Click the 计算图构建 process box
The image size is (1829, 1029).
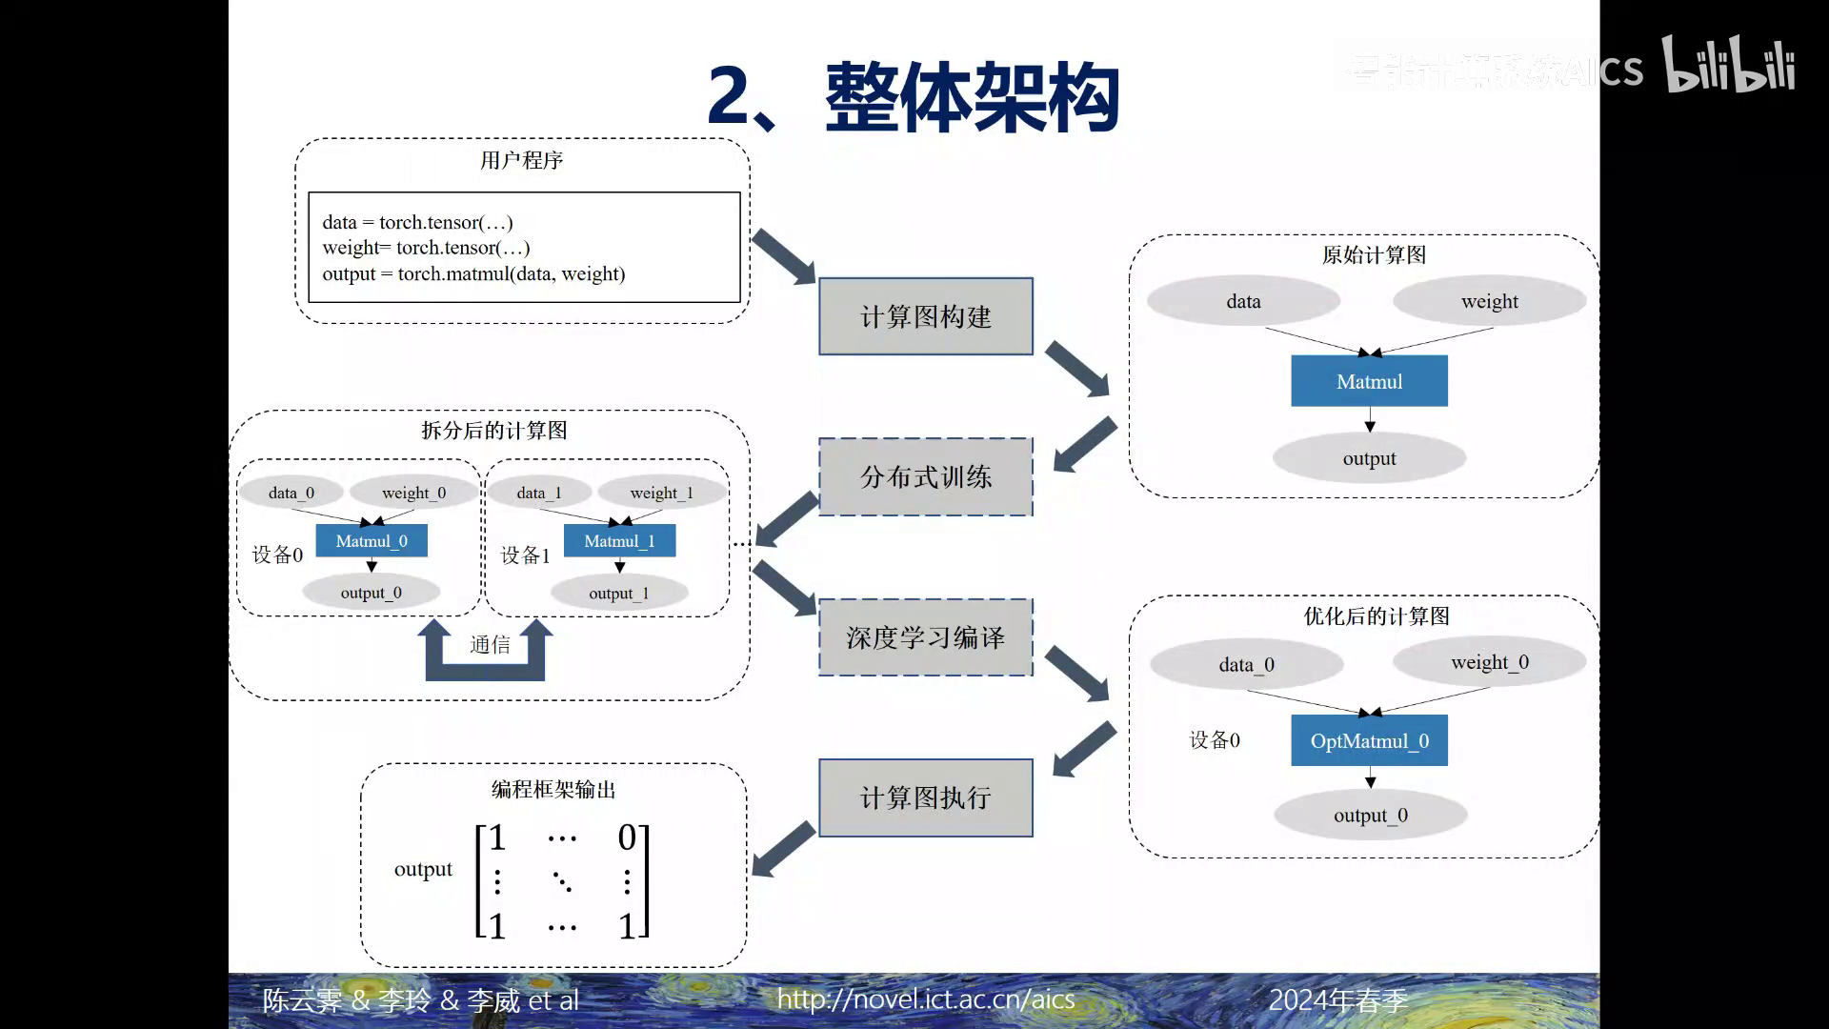click(925, 316)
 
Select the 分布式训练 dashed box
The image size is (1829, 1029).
click(925, 476)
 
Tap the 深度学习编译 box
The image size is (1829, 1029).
click(925, 637)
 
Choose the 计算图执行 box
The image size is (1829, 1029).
click(925, 797)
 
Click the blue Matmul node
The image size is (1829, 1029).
click(1369, 381)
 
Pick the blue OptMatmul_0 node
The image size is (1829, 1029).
click(1369, 740)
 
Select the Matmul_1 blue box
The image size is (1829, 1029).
click(619, 541)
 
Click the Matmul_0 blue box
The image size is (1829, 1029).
click(372, 541)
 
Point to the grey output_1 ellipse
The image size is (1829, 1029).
click(619, 593)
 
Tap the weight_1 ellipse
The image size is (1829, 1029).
click(661, 493)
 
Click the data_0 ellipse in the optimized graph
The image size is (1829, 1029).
click(1246, 664)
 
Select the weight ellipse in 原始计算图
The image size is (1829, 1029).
click(1489, 301)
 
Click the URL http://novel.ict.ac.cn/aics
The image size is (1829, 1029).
click(925, 999)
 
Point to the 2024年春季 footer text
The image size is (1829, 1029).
click(1337, 999)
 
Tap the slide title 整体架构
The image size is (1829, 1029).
click(972, 97)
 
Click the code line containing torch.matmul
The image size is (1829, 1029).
click(473, 274)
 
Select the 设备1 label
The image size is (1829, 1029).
click(525, 555)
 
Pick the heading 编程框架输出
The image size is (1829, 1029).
click(553, 789)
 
